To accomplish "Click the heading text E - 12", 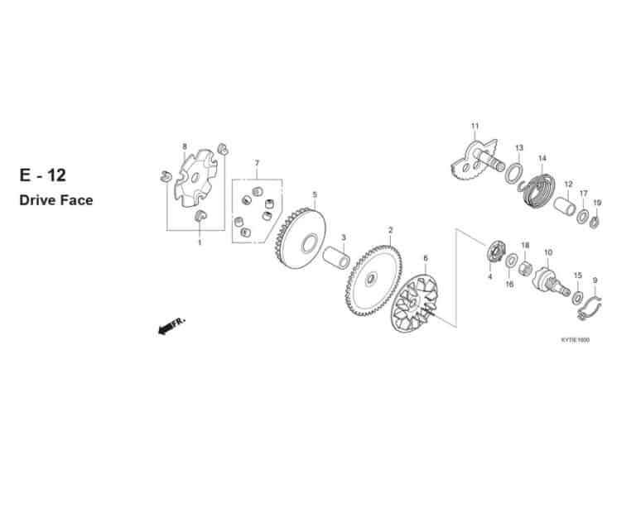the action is click(x=42, y=175).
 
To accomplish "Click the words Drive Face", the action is click(x=56, y=200).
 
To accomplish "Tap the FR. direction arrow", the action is click(x=171, y=326).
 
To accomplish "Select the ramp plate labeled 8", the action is click(x=195, y=177).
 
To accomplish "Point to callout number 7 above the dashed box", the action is click(x=257, y=163).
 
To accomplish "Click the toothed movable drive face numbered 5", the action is click(x=300, y=238).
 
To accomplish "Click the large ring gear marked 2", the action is click(x=374, y=280).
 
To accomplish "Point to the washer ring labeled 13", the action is click(x=514, y=173).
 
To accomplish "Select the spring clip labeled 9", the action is click(x=590, y=308).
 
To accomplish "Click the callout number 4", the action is click(x=490, y=277).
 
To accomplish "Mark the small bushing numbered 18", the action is click(x=525, y=267).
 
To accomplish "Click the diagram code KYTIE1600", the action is click(x=576, y=340).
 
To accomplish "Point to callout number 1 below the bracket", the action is click(x=199, y=242).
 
